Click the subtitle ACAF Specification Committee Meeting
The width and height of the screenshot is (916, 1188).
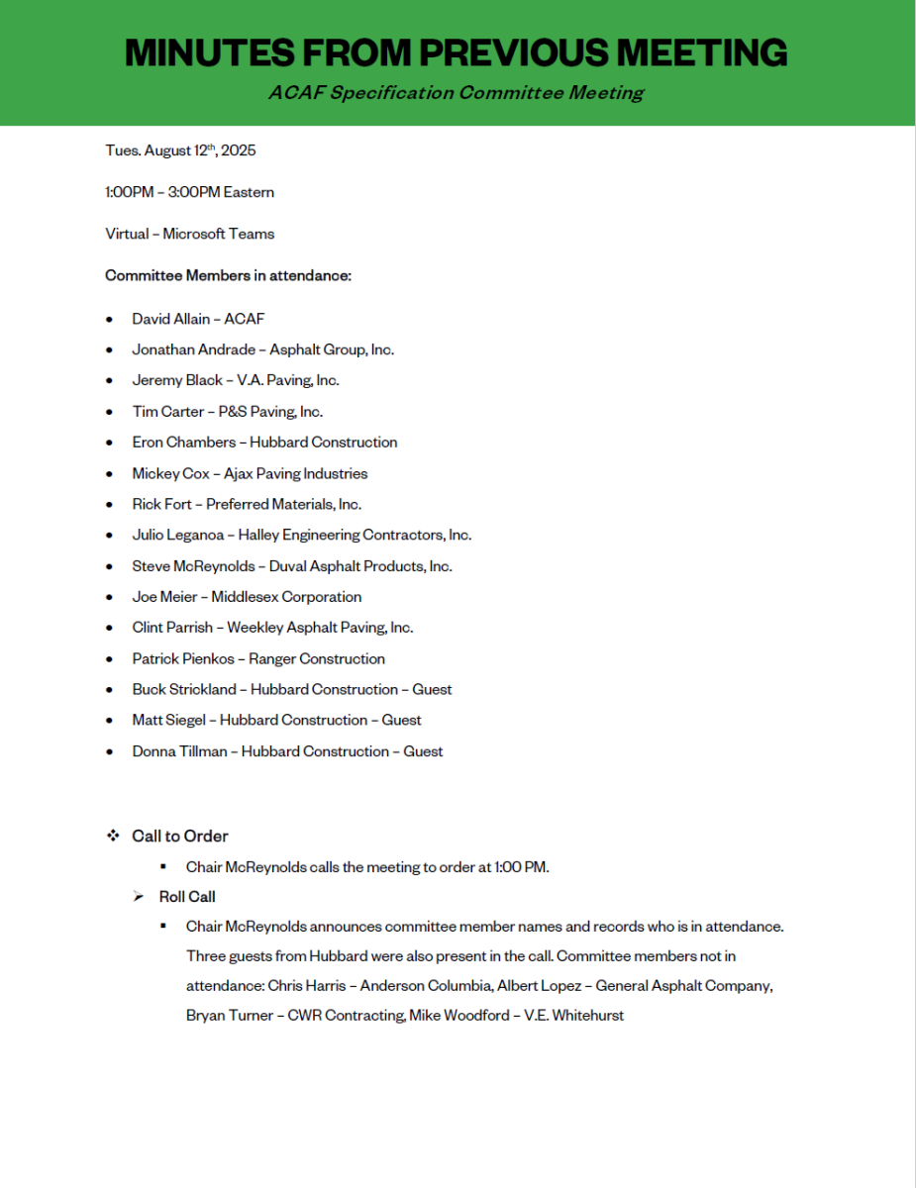point(456,93)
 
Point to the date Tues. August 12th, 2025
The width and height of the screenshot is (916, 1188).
point(180,150)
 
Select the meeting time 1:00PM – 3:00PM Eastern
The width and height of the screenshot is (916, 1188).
point(189,192)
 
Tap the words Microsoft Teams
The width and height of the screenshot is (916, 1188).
point(219,234)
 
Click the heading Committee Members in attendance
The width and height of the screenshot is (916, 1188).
point(228,275)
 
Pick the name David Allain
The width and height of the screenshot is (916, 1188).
point(171,319)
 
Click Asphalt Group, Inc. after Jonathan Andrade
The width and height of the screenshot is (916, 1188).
point(332,349)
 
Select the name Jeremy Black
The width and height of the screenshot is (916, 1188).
point(177,380)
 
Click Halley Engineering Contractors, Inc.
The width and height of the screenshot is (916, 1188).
point(356,535)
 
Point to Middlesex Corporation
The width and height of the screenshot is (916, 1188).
point(286,597)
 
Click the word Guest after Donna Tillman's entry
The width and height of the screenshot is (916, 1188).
point(423,751)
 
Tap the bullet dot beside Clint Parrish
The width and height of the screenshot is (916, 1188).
point(110,628)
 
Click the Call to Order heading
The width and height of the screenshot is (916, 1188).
point(180,837)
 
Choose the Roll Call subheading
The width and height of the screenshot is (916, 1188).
point(187,897)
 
